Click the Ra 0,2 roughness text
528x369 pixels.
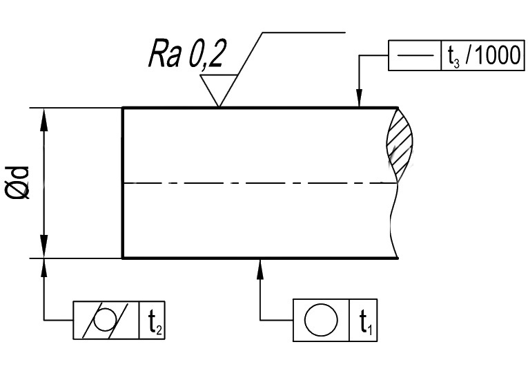coord(186,54)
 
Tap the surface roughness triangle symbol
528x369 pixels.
coord(219,91)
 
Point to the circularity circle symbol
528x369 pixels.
coord(320,320)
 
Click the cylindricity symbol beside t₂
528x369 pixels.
coord(106,320)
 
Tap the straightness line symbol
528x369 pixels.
coord(416,55)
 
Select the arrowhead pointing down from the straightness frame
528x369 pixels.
coord(360,98)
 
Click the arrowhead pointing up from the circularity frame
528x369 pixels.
coord(260,268)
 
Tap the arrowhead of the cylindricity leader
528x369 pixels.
coord(43,268)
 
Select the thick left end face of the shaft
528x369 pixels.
coord(123,183)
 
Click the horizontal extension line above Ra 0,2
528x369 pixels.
coord(304,32)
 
